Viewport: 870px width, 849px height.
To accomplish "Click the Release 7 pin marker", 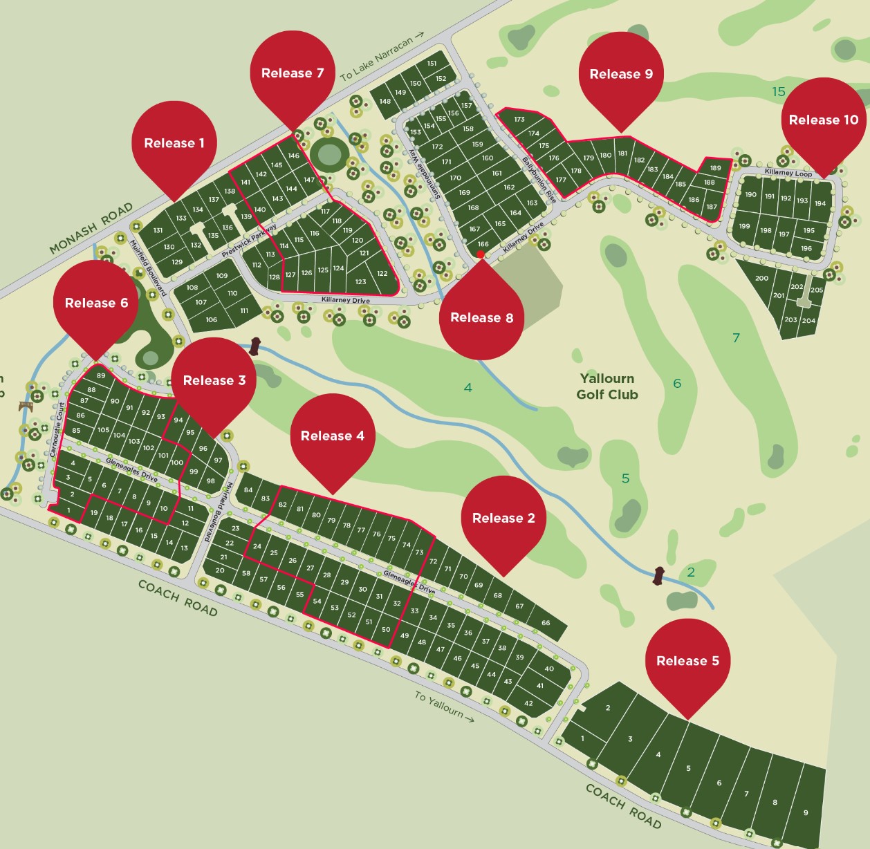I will coord(293,73).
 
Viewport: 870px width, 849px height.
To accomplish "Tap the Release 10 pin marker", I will coord(823,120).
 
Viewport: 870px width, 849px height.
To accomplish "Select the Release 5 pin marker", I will coord(687,660).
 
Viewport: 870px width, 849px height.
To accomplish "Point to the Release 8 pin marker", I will coord(481,317).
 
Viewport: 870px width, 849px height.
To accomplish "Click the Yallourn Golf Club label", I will coord(607,386).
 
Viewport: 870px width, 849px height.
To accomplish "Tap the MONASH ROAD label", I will coord(91,229).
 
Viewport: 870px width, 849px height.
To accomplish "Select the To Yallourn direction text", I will coord(444,707).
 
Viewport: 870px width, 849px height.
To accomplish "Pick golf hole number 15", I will coord(779,91).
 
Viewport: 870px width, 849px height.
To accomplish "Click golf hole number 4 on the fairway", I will coord(468,388).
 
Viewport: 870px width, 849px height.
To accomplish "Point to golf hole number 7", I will coord(736,337).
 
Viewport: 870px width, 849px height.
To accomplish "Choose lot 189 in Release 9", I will coord(715,168).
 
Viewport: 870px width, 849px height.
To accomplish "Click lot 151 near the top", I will coord(432,64).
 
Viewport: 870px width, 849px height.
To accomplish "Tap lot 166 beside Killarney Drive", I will coord(483,243).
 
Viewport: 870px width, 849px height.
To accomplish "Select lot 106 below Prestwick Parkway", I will coord(212,319).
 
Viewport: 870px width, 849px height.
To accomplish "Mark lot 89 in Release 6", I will coord(101,375).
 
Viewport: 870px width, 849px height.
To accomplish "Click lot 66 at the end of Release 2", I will coord(546,623).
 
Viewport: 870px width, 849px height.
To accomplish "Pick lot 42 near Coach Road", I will coord(528,703).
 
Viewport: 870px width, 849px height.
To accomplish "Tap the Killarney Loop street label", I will coord(788,173).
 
